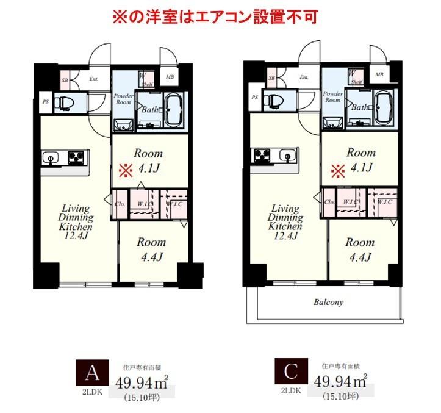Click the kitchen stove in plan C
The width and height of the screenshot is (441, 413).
263,155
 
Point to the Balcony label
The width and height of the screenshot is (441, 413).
328,302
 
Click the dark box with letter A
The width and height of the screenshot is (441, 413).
91,372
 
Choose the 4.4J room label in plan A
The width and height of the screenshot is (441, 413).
151,257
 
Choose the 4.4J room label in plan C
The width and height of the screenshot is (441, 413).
359,257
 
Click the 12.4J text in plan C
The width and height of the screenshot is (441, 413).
286,236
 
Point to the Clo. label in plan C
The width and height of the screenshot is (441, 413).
329,202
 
